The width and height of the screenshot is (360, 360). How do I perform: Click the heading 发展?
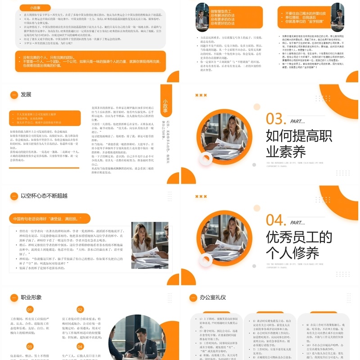coord(26,94)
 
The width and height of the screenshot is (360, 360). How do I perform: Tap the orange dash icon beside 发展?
coord(13,94)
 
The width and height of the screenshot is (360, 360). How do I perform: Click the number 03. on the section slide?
coord(275,118)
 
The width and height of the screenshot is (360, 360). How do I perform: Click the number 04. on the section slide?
coord(275,220)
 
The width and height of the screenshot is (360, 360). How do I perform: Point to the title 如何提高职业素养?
coord(292,143)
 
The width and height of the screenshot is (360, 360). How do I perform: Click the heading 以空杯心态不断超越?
coord(44,196)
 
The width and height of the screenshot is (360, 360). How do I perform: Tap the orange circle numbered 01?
coord(30,310)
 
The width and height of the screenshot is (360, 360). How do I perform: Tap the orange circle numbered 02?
coord(80,310)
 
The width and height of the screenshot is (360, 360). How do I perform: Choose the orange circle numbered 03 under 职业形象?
coord(30,346)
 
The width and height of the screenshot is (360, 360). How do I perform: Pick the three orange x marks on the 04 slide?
coord(201,197)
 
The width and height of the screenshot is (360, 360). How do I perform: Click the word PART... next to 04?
coord(297,222)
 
